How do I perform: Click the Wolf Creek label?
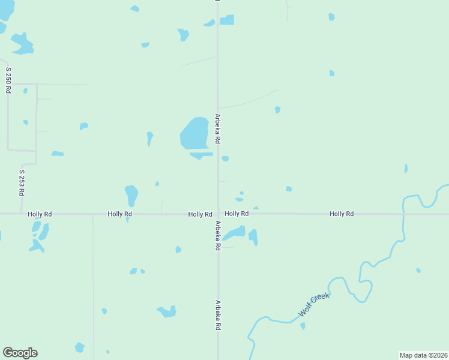pyautogui.click(x=315, y=305)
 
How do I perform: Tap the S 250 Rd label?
pyautogui.click(x=8, y=79)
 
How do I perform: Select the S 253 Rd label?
pyautogui.click(x=22, y=183)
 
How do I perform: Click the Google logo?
pyautogui.click(x=20, y=353)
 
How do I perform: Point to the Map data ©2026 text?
pyautogui.click(x=423, y=355)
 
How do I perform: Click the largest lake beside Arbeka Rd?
pyautogui.click(x=194, y=133)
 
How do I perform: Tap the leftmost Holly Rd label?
pyautogui.click(x=40, y=214)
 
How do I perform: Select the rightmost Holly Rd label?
pyautogui.click(x=341, y=214)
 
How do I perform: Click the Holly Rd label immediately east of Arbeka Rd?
pyautogui.click(x=237, y=214)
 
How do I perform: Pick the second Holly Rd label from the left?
pyautogui.click(x=120, y=214)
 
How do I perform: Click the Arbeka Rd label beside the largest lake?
pyautogui.click(x=218, y=128)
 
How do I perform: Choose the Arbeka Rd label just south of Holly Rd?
pyautogui.click(x=218, y=235)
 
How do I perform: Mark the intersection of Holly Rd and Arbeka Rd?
pyautogui.click(x=218, y=214)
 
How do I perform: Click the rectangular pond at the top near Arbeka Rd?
pyautogui.click(x=227, y=20)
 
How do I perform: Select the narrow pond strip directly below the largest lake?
pyautogui.click(x=200, y=155)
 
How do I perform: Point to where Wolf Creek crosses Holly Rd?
pyautogui.click(x=403, y=214)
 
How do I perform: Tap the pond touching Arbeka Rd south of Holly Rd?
pyautogui.click(x=235, y=233)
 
